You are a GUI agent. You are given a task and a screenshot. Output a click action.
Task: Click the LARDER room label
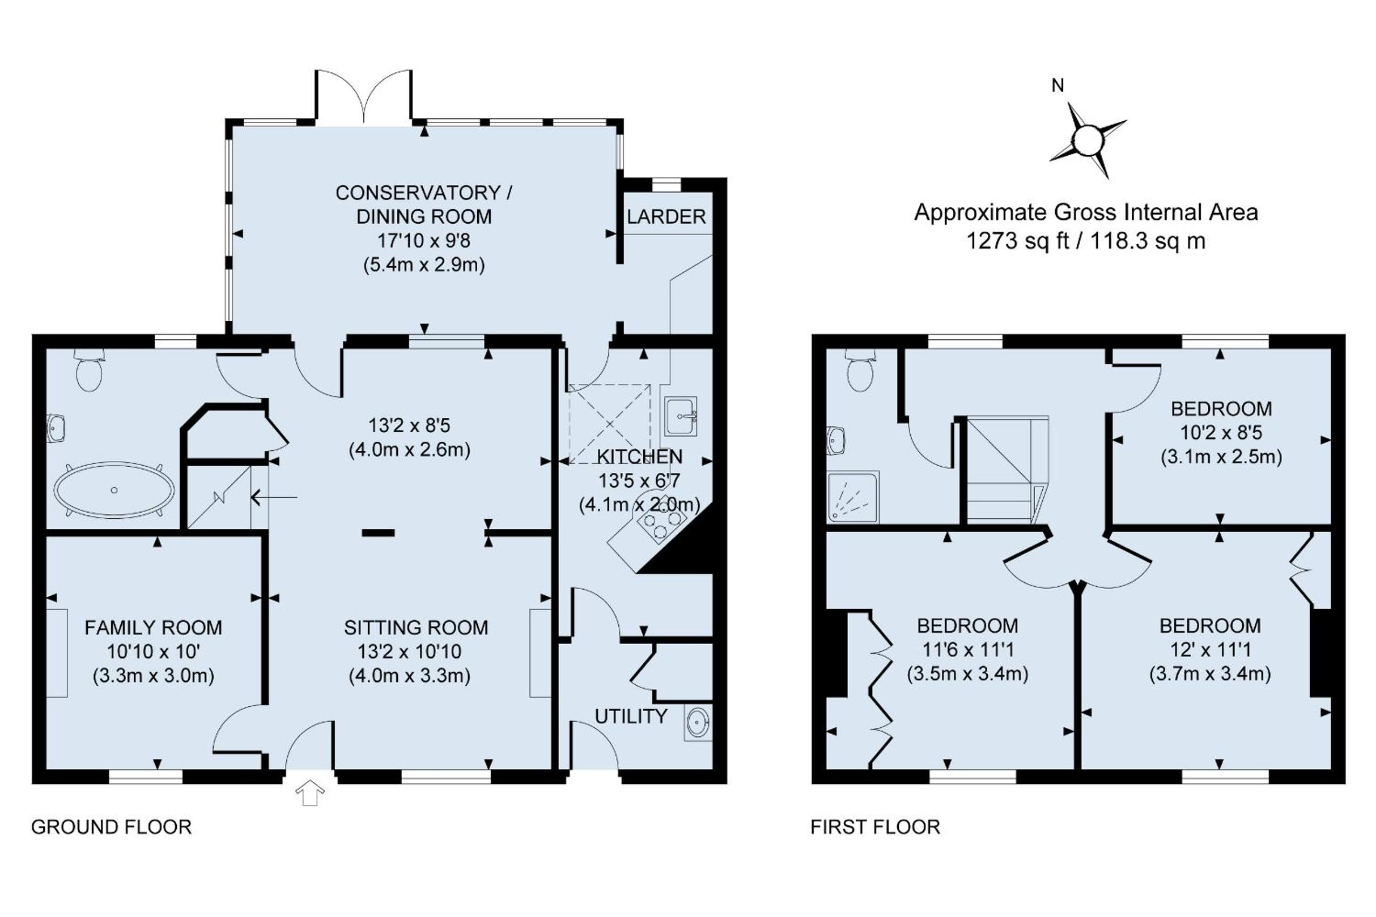click(666, 217)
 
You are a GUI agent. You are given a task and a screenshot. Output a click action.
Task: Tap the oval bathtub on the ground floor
click(114, 490)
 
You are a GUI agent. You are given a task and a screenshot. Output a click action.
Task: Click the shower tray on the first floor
click(853, 497)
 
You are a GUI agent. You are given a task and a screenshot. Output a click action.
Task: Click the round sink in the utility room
click(698, 723)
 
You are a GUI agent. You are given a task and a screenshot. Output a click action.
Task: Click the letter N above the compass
click(1057, 86)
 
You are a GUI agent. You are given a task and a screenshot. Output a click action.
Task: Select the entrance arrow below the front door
click(310, 793)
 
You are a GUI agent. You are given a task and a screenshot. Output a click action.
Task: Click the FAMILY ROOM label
click(153, 628)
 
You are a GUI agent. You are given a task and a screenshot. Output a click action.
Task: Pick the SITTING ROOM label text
click(416, 628)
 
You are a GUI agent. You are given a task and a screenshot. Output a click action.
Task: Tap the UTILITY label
click(630, 716)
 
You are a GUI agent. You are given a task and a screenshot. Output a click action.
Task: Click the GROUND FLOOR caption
click(111, 827)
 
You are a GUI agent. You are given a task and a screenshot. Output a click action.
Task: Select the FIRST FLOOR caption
click(875, 827)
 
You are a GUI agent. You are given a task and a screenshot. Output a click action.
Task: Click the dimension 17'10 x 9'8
click(423, 240)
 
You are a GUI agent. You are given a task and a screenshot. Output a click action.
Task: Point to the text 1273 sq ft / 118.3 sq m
click(1086, 241)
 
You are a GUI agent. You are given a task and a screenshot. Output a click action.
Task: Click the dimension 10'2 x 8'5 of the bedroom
click(1221, 433)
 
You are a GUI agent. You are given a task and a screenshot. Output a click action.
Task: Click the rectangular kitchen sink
click(680, 416)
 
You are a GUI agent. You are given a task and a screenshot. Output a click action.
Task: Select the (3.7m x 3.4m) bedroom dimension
click(1210, 674)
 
